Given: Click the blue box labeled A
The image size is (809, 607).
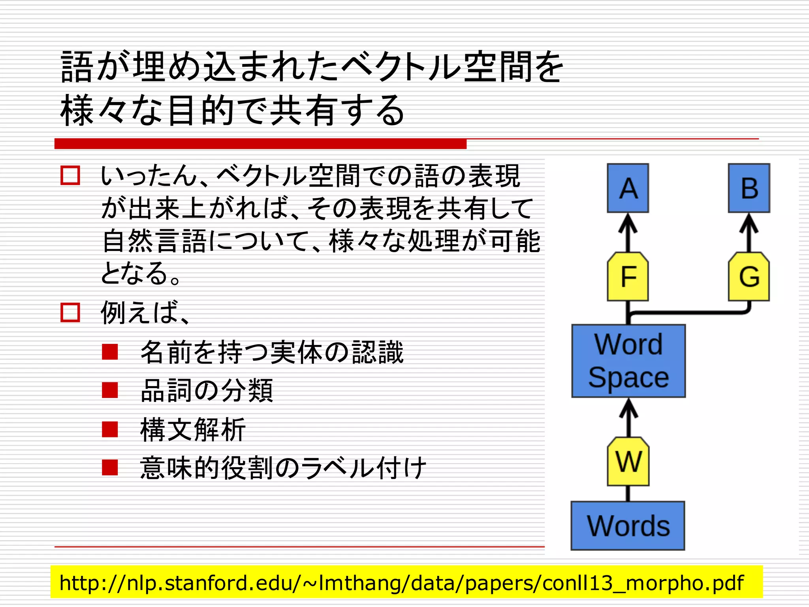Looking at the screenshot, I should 628,188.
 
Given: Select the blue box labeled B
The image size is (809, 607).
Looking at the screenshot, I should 749,188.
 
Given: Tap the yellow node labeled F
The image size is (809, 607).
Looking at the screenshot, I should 628,277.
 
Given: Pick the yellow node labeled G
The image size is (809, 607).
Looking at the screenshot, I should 749,277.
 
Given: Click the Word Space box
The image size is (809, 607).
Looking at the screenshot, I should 628,361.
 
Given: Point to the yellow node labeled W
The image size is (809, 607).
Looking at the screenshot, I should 628,461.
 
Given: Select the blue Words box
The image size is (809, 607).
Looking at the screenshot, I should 628,526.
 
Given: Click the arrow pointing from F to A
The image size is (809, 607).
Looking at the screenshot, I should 628,232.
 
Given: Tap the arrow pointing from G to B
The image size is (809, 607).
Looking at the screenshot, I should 749,232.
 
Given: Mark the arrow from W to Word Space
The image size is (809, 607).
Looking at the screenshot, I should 628,417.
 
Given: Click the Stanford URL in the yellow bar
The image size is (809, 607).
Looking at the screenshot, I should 401,582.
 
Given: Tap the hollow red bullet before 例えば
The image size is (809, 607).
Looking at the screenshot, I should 70,312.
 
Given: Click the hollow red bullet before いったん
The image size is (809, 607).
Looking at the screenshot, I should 70,175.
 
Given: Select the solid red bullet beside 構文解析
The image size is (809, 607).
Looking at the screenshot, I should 110,429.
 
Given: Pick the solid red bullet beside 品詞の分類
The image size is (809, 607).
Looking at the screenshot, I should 110,390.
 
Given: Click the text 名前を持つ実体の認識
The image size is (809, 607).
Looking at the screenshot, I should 272,352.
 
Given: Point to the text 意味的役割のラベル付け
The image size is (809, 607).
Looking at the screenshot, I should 283,468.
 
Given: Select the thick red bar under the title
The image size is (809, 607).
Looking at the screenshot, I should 260,144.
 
